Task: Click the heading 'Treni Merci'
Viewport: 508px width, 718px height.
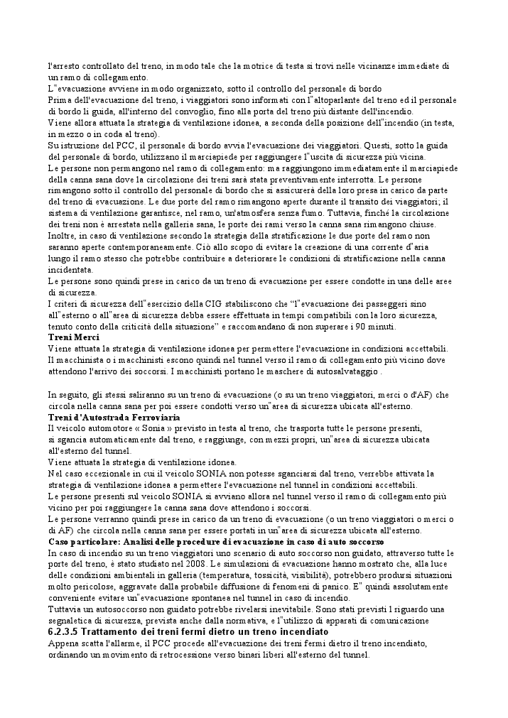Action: tap(73, 337)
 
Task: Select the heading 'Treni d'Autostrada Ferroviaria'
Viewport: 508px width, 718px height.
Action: tap(104, 418)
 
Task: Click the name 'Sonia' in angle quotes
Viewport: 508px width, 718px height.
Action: tap(145, 428)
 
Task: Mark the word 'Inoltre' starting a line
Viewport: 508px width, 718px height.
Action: tap(62, 236)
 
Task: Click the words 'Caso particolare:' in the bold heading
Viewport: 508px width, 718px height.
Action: tap(81, 541)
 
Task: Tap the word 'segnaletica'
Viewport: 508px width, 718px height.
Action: tap(75, 620)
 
